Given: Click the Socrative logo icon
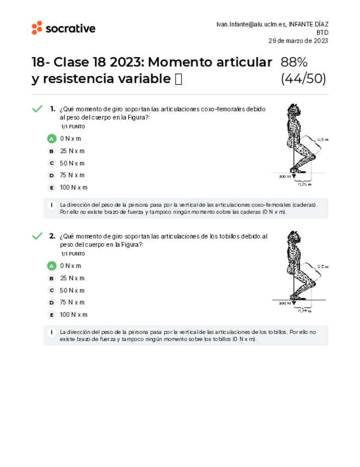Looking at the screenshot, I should (x=37, y=28).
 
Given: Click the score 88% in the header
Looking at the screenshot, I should (x=294, y=62).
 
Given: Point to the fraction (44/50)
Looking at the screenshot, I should (x=303, y=79).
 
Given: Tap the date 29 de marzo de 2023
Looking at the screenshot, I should (x=298, y=41).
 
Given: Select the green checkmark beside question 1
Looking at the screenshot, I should (x=37, y=109).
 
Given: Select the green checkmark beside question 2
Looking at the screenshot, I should (x=37, y=236).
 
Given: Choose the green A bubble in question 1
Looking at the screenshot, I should (x=52, y=139).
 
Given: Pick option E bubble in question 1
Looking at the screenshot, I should (x=52, y=187).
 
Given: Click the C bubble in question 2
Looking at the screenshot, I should (x=52, y=290).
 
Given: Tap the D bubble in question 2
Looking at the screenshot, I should (x=52, y=302).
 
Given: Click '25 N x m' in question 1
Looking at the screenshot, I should (x=72, y=151).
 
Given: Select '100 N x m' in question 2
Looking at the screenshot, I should (x=74, y=314).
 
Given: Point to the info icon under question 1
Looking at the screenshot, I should (x=52, y=205).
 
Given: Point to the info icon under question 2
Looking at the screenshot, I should (x=52, y=332).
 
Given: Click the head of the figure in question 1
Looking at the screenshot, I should (x=296, y=109).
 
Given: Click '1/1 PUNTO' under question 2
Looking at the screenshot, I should (x=73, y=254).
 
